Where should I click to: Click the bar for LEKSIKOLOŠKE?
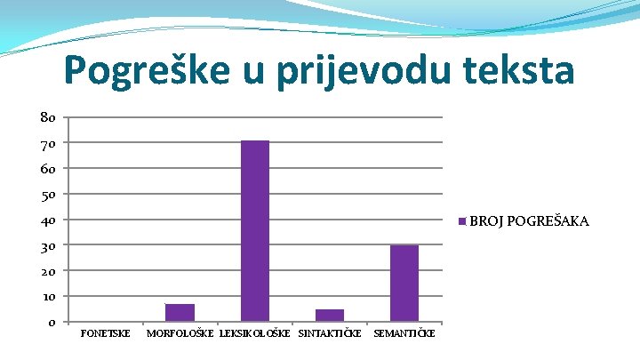(x=255, y=231)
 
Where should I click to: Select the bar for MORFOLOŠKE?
(x=180, y=313)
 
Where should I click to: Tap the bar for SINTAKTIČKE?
(x=330, y=316)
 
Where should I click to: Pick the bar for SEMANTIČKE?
(x=404, y=283)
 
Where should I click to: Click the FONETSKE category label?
(x=105, y=333)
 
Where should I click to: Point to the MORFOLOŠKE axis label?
(x=180, y=333)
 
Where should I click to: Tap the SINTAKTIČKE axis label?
(x=330, y=333)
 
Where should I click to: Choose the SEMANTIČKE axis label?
(x=404, y=333)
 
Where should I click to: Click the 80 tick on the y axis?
(x=48, y=117)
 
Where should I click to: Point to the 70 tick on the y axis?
(x=48, y=143)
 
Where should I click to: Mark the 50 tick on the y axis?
(x=48, y=194)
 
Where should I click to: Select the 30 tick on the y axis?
(x=48, y=245)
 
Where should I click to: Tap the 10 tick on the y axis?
(x=48, y=296)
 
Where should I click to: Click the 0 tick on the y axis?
(x=52, y=322)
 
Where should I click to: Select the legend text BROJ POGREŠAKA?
(x=529, y=220)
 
